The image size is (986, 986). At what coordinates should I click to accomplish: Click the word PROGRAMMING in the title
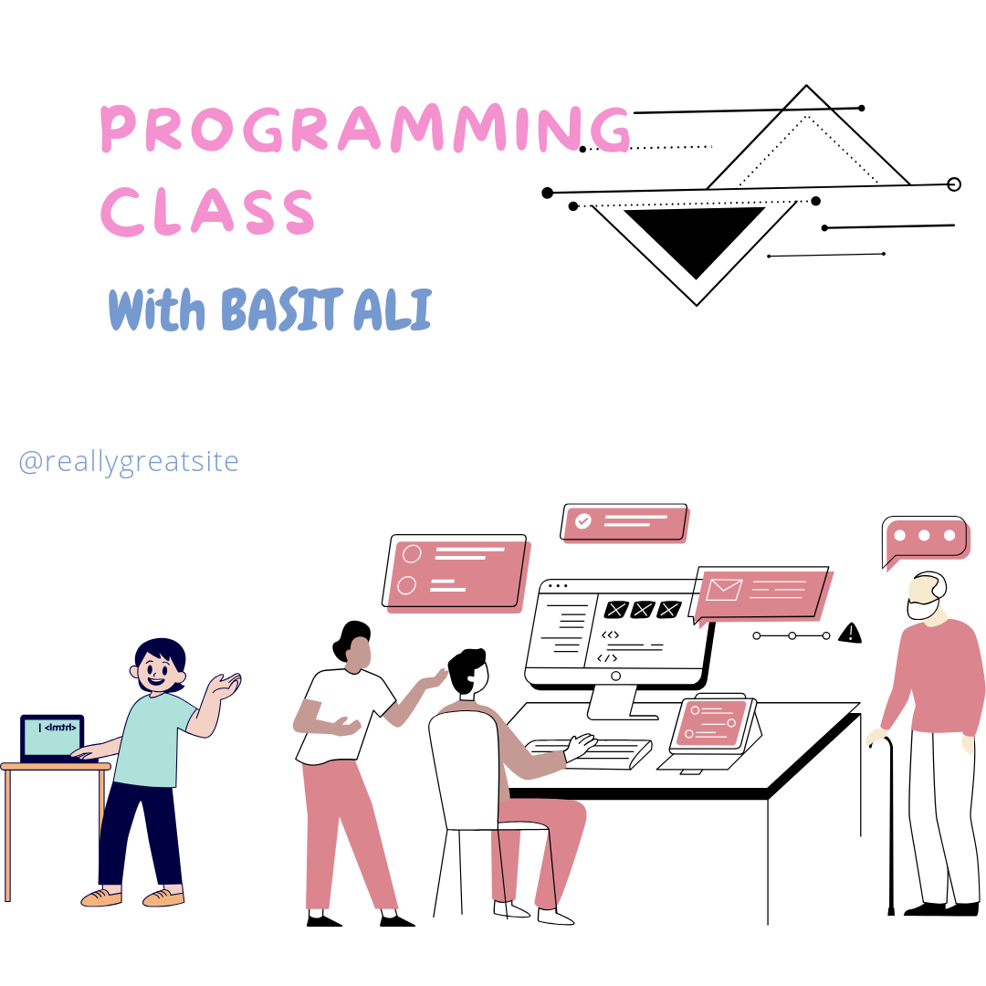point(365,130)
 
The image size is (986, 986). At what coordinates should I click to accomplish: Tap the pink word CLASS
point(207,211)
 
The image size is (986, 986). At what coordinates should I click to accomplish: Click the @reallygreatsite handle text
point(129,461)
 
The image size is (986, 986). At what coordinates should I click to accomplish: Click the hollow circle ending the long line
point(954,184)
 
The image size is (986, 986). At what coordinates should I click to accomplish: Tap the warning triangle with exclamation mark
point(850,633)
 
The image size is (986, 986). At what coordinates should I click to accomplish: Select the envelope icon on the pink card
point(724,590)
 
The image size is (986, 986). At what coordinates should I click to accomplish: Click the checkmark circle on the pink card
point(582,520)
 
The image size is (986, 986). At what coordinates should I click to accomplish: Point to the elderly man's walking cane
point(890,822)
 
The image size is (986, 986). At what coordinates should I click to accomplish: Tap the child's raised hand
point(226,685)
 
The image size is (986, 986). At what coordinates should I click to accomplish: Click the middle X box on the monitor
point(643,609)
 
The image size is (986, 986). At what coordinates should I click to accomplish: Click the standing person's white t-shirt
point(340,712)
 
